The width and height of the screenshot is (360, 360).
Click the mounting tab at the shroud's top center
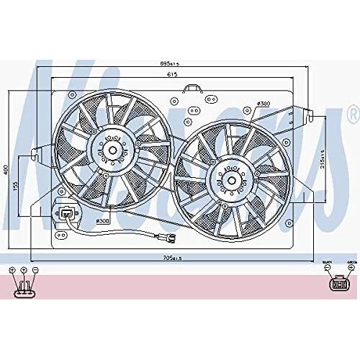tap(191, 89)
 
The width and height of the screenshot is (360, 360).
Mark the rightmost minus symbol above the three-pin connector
tap(35, 269)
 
